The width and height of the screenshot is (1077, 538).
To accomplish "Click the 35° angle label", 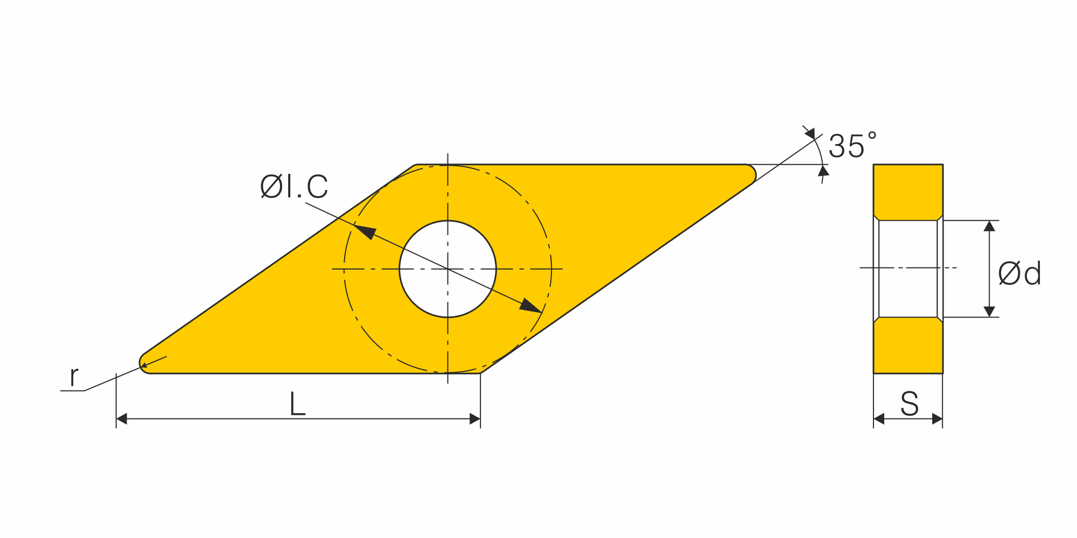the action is tap(852, 146).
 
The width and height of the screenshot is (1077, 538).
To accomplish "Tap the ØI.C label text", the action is tap(294, 187).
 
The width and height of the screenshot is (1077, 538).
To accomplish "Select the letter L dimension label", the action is tap(297, 404).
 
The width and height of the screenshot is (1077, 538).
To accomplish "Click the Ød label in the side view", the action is tap(1019, 273).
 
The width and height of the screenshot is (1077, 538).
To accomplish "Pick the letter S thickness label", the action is tap(909, 404).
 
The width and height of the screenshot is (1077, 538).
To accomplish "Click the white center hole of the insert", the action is tap(447, 269).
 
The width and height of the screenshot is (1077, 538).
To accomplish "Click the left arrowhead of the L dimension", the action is tap(121, 419).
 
